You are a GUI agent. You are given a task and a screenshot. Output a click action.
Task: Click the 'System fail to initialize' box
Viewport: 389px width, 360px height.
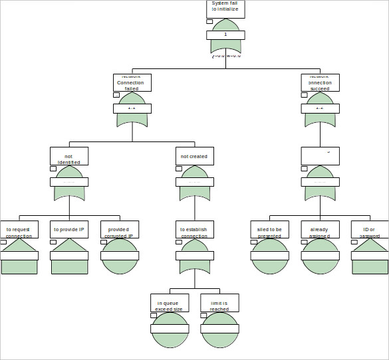click(225, 8)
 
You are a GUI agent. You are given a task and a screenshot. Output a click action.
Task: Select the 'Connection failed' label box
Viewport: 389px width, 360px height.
click(132, 82)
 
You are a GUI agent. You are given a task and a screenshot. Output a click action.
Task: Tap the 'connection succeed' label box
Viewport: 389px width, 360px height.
click(320, 82)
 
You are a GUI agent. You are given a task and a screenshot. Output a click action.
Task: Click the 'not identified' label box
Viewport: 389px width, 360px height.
click(69, 156)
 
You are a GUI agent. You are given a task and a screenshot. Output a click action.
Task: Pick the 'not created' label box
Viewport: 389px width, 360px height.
click(194, 156)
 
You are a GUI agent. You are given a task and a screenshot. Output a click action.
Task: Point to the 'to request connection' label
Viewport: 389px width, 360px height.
click(19, 230)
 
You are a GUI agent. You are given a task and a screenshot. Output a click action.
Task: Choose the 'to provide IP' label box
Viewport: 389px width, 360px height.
click(69, 230)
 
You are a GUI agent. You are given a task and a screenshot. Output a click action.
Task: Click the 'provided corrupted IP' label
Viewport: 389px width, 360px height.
click(119, 230)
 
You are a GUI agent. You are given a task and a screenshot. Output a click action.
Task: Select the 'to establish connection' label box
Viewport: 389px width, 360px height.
click(194, 230)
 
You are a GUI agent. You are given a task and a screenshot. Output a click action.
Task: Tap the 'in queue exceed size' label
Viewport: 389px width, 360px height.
click(169, 303)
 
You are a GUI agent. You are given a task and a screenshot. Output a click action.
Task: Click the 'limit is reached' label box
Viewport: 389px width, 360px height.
click(219, 303)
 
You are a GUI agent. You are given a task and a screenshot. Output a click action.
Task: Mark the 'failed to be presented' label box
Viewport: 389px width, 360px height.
click(269, 230)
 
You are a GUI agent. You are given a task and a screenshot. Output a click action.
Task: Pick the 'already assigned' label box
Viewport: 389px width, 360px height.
click(320, 230)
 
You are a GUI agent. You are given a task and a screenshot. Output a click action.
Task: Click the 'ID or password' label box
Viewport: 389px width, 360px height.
click(370, 230)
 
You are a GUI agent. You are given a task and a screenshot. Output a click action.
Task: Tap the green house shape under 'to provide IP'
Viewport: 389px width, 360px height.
click(69, 264)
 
